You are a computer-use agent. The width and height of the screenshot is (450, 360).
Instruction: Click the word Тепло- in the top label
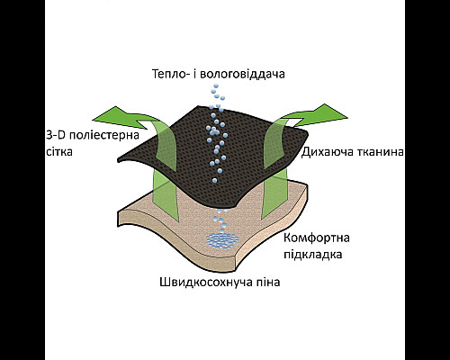(x=170, y=74)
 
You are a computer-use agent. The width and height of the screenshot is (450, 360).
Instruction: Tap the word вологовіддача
(x=242, y=74)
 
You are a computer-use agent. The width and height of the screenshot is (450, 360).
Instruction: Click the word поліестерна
(x=104, y=135)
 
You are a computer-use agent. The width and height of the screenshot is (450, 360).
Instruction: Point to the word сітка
(x=59, y=152)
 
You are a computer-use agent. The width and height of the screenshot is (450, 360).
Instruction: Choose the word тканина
(x=380, y=152)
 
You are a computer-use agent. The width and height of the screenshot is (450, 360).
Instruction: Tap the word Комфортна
(x=317, y=238)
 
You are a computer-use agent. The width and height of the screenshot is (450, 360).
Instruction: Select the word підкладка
(x=313, y=255)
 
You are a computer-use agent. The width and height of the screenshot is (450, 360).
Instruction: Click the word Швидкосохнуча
(x=202, y=283)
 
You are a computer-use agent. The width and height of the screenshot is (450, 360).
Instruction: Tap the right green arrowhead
(x=332, y=114)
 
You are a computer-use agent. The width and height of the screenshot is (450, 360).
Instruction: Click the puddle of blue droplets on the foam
(x=222, y=240)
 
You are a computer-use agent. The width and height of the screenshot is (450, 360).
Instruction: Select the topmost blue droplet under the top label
(x=215, y=86)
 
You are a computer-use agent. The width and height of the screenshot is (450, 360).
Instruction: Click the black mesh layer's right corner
(x=307, y=134)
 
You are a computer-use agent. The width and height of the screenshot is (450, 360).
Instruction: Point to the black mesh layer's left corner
(x=118, y=159)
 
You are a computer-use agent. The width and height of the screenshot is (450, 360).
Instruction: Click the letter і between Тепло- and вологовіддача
(x=193, y=74)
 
